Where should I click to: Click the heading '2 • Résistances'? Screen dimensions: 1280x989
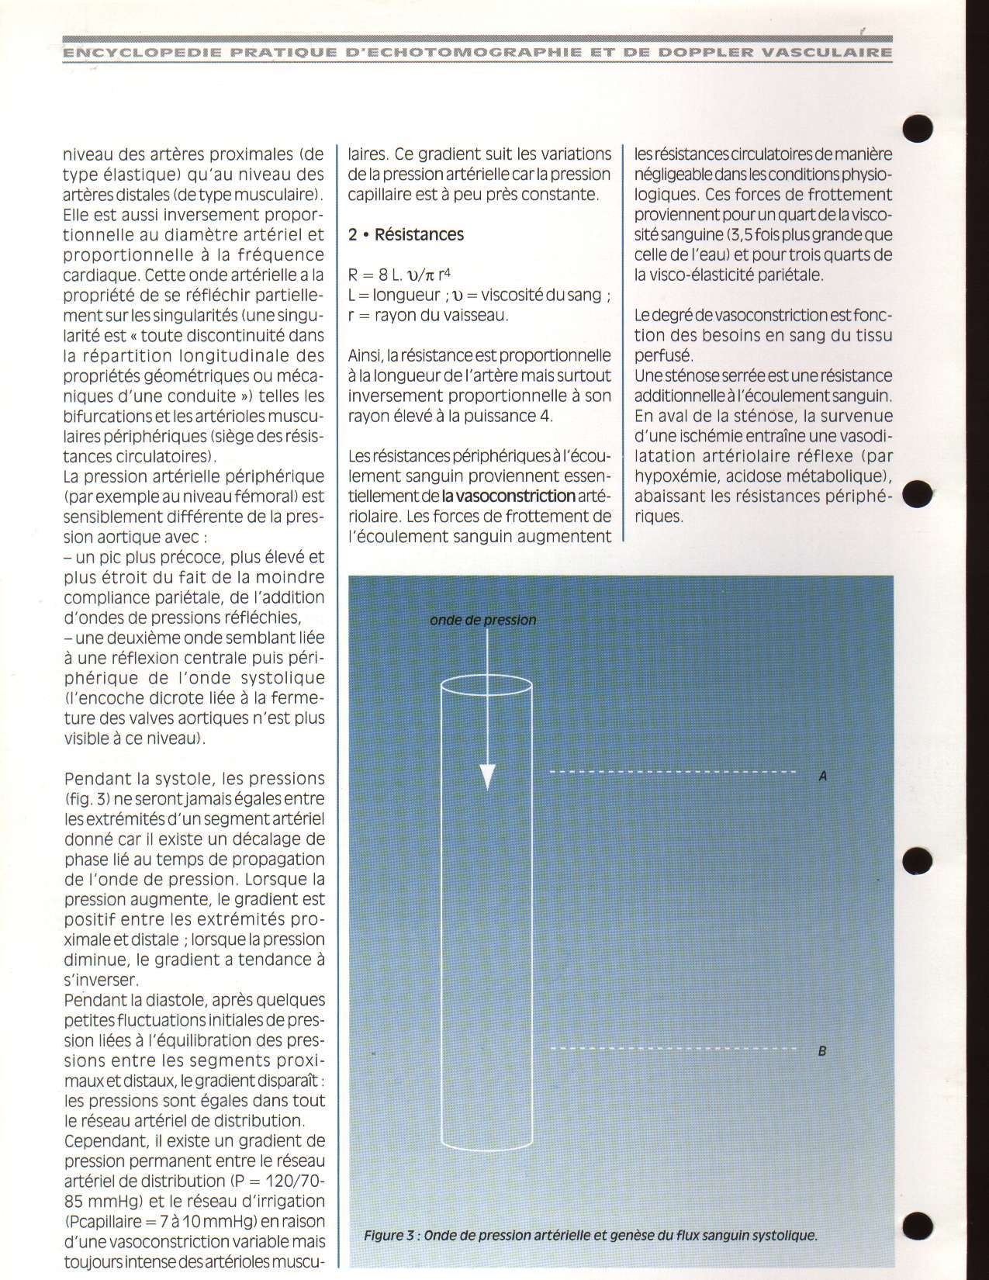[x=406, y=234]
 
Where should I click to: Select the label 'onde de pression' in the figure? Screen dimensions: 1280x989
[x=483, y=620]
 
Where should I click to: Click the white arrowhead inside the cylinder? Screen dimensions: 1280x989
[x=486, y=776]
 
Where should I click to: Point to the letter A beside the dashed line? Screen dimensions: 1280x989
[x=823, y=774]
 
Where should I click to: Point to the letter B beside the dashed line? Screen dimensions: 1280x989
[x=822, y=1052]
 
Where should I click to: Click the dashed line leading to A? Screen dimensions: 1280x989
[x=673, y=772]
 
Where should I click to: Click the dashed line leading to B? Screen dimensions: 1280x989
[x=673, y=1049]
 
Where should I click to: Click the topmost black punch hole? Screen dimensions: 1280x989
[x=918, y=128]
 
